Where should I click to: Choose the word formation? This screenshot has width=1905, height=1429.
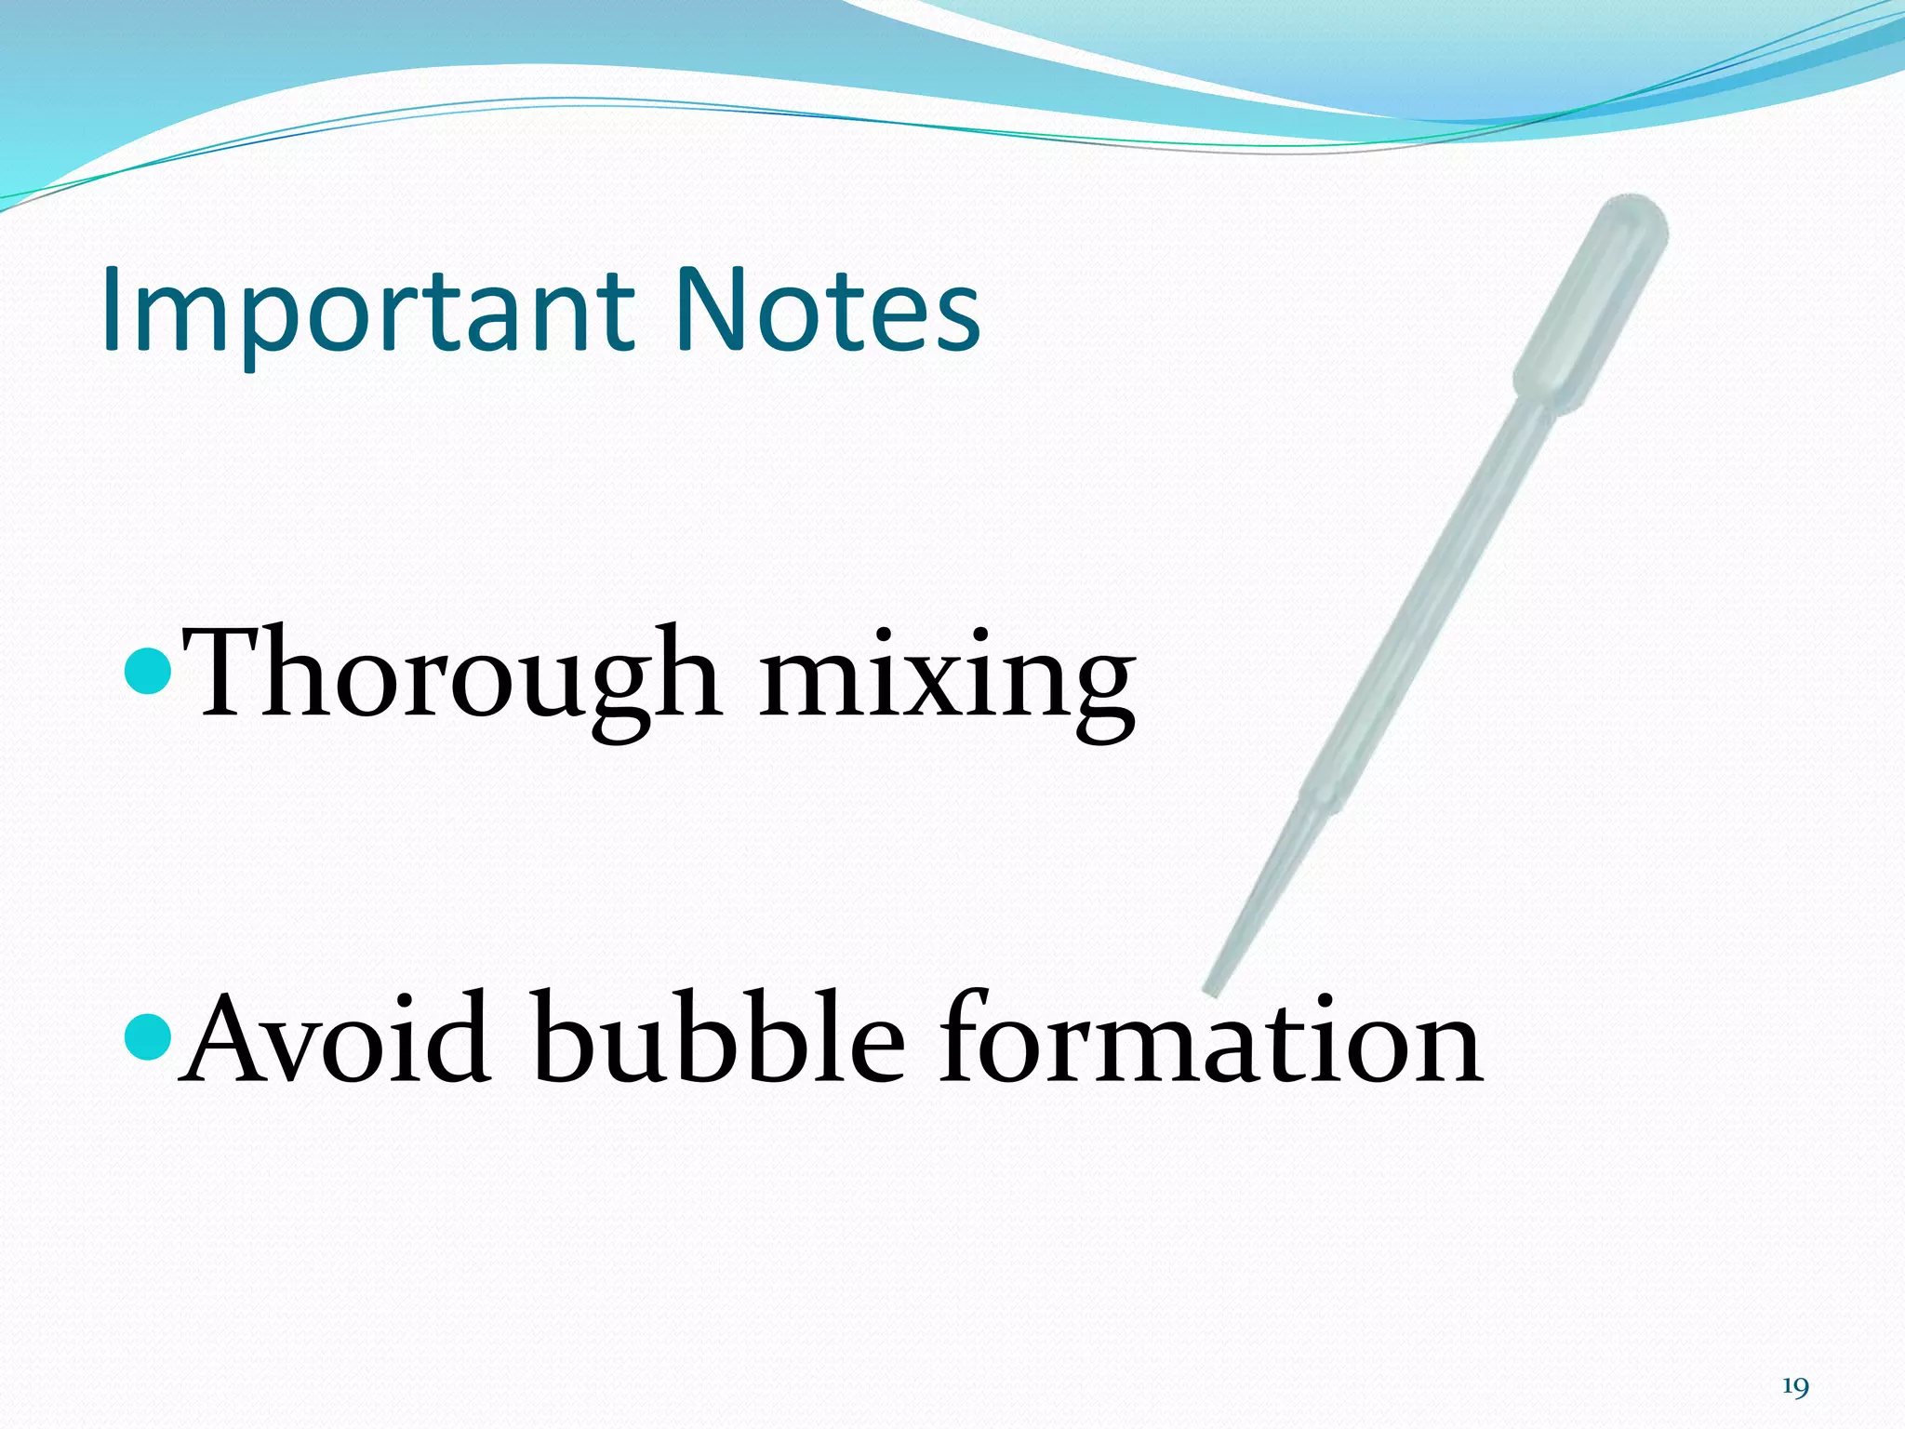[1210, 1040]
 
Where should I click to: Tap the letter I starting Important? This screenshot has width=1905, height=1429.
[114, 309]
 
